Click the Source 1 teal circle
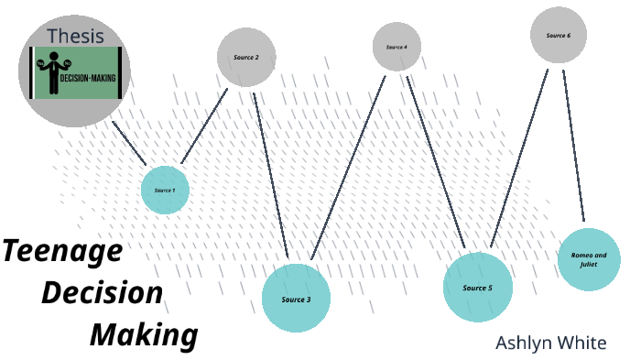click(165, 190)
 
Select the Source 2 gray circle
click(246, 57)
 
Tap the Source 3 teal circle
click(296, 298)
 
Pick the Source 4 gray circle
click(397, 46)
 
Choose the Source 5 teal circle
click(477, 288)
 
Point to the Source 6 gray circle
click(558, 35)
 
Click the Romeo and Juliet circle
click(589, 258)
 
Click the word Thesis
click(75, 37)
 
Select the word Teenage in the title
click(61, 251)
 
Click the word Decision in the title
click(103, 293)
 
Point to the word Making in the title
click(144, 334)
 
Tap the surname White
click(583, 343)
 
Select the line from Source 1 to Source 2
click(205, 125)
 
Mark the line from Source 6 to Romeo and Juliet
click(573, 147)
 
